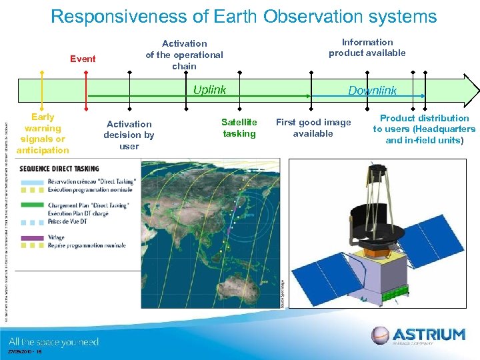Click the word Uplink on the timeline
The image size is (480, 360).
209,90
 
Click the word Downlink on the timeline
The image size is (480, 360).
372,91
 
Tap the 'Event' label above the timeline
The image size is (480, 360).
83,59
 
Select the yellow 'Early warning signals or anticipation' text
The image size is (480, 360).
43,133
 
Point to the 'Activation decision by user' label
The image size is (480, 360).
129,135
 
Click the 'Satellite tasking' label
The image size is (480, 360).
239,128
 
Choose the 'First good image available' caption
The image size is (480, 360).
313,128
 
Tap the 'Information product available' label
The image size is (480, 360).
367,47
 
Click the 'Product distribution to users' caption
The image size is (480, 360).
424,129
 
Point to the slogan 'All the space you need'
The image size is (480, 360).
53,342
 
